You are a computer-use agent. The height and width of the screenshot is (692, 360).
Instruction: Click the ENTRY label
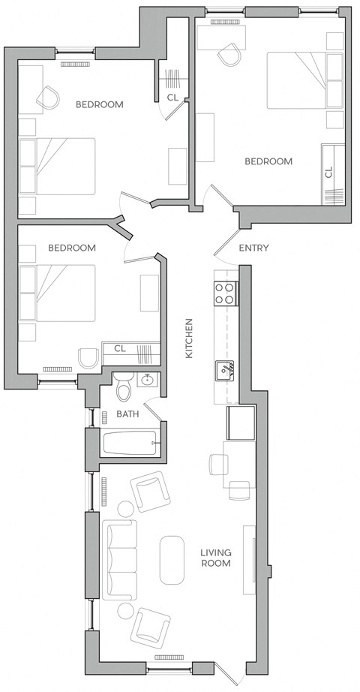pos(253,248)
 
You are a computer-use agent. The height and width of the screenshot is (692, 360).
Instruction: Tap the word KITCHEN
pos(190,338)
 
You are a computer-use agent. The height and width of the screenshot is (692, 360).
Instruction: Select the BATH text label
pos(127,414)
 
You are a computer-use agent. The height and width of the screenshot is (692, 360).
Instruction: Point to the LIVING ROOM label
pos(215,558)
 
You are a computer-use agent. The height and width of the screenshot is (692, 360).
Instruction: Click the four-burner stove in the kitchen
pos(225,293)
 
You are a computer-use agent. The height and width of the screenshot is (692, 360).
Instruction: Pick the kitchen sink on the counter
pos(225,369)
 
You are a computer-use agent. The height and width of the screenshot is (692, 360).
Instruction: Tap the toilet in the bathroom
pos(125,387)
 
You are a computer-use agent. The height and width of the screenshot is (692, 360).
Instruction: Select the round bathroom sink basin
pos(148,381)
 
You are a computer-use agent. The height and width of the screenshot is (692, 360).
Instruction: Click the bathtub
pos(131,443)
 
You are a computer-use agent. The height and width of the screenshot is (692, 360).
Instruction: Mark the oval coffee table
pos(172,559)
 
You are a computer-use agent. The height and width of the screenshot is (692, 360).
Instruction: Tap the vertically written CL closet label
pos(328,172)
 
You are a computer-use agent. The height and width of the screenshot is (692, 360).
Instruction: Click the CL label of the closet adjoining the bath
pos(119,348)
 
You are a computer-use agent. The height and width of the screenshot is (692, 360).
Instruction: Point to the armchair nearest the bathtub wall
pos(153,492)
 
